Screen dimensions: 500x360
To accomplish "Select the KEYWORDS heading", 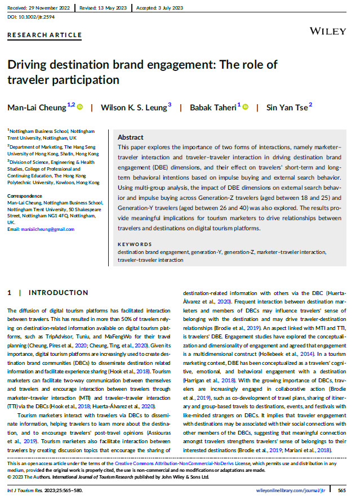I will tap(135, 244).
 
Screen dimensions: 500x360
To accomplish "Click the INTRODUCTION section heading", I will tap(58, 293).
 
